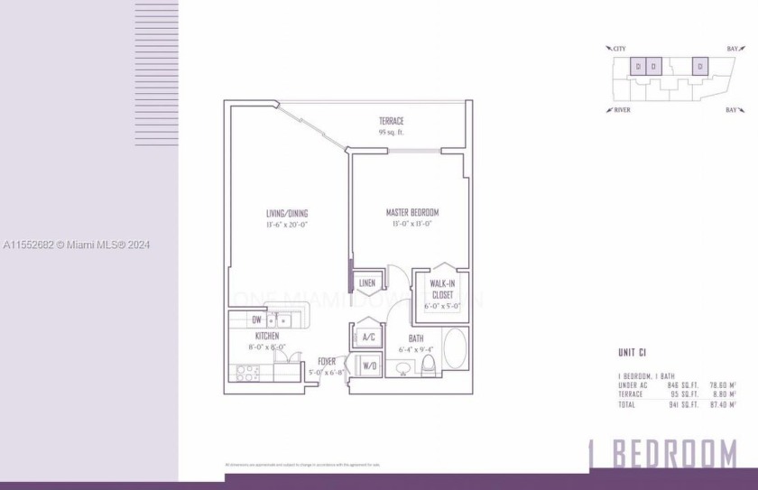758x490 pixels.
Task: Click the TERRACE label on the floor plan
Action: pyautogui.click(x=391, y=121)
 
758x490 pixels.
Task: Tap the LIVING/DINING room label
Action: pyautogui.click(x=286, y=213)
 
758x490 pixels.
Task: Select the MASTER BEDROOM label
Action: pyautogui.click(x=412, y=213)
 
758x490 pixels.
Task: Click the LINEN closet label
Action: pyautogui.click(x=366, y=283)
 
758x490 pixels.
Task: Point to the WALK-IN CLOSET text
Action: pyautogui.click(x=442, y=290)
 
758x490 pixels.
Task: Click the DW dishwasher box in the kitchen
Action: pyautogui.click(x=257, y=319)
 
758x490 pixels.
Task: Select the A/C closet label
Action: pyautogui.click(x=367, y=338)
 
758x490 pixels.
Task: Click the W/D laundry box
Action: pyautogui.click(x=368, y=366)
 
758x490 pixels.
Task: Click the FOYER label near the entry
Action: pyautogui.click(x=326, y=361)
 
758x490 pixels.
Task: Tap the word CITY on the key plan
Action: pyautogui.click(x=618, y=48)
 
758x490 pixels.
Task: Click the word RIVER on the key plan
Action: pyautogui.click(x=621, y=109)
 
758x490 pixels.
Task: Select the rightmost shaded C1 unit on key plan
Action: pyautogui.click(x=698, y=66)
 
